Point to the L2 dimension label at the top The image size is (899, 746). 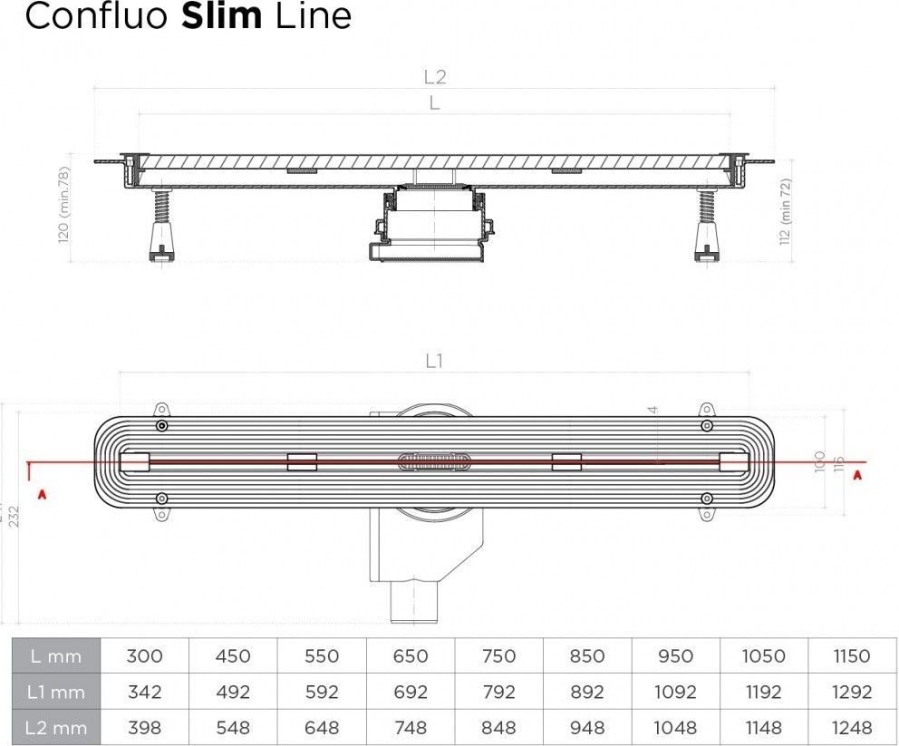point(435,77)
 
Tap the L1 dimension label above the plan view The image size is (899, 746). point(435,361)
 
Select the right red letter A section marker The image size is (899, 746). point(856,474)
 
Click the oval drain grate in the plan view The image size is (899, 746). point(434,462)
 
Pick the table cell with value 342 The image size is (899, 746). point(145,692)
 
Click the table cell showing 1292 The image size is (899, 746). point(852,692)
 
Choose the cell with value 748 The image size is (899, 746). point(411,727)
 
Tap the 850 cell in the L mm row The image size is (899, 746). point(587,656)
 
